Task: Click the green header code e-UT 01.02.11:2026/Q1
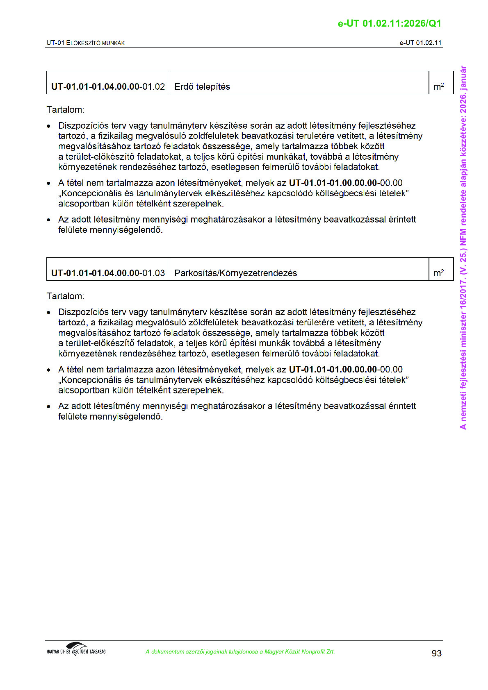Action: (x=389, y=24)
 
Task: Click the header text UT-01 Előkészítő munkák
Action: (x=86, y=43)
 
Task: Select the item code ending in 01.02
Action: (x=108, y=87)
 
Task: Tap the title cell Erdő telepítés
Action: (x=202, y=87)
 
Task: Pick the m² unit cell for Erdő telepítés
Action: (x=438, y=87)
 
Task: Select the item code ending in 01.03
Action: (x=108, y=273)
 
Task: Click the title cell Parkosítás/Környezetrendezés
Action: (x=235, y=273)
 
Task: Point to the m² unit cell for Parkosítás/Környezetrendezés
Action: (x=438, y=273)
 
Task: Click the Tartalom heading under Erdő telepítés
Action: (x=65, y=110)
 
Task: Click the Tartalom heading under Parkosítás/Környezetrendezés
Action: (x=65, y=296)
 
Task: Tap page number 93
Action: (x=436, y=653)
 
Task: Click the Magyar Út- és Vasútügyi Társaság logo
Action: (x=76, y=649)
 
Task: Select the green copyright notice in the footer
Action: (x=240, y=652)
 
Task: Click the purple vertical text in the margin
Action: (x=463, y=247)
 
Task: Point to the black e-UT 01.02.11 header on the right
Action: (x=420, y=43)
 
